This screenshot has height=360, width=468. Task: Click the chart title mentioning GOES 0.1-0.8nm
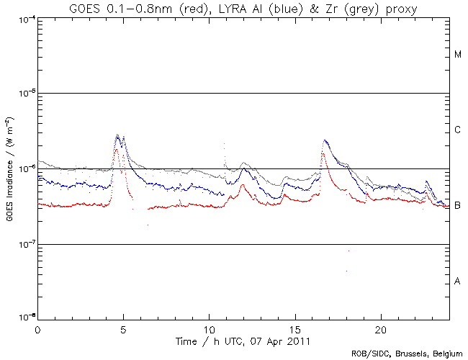234,8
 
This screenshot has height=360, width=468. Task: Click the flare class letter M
457,55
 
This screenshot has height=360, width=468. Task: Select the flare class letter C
457,130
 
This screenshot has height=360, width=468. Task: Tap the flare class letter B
457,206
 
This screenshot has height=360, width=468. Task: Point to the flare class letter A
457,281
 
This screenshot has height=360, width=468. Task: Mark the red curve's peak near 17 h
323,153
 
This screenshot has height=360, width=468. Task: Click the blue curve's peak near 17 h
325,140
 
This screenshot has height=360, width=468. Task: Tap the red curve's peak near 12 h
243,185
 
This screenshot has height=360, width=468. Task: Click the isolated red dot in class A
346,271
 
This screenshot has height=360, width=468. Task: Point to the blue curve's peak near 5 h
117,135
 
